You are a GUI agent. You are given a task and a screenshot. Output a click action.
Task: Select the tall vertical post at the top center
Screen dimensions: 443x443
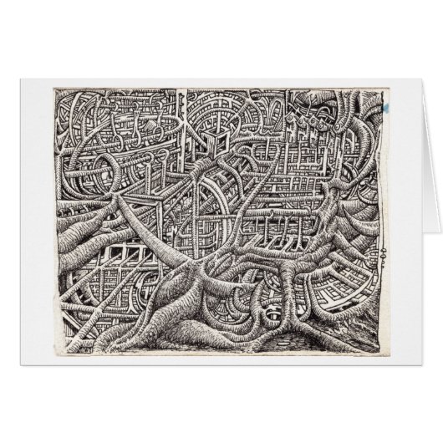coord(178,125)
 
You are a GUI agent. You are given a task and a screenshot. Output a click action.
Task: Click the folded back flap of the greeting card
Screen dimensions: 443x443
coord(418,209)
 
